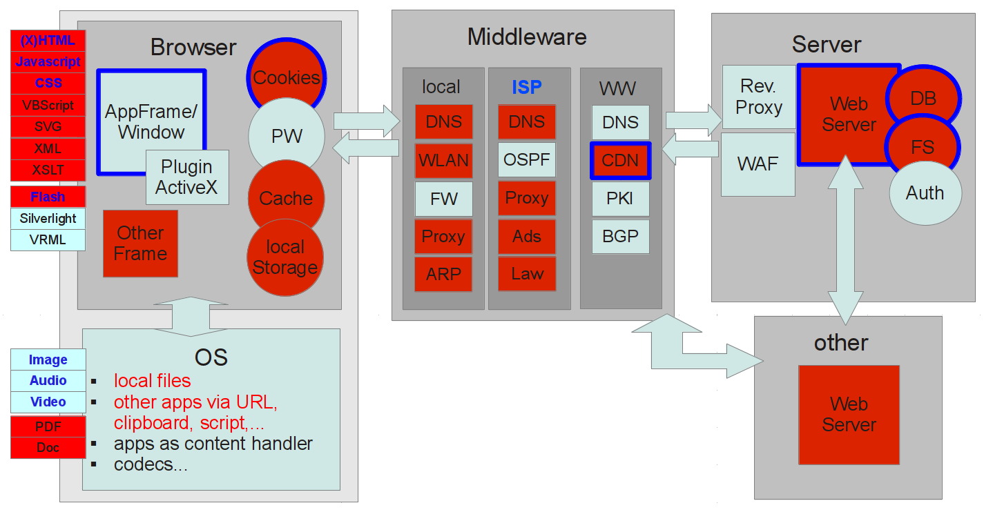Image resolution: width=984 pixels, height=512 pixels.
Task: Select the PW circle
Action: [x=286, y=136]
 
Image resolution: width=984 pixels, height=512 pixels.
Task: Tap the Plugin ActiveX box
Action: [x=186, y=177]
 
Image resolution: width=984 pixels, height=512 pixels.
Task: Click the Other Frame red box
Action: [x=140, y=244]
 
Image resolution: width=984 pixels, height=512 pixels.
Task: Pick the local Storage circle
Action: [x=284, y=257]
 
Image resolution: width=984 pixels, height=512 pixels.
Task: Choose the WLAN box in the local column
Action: [x=443, y=161]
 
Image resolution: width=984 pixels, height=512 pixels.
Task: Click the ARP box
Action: [x=443, y=274]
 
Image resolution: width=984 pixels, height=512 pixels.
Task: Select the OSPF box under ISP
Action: [x=527, y=160]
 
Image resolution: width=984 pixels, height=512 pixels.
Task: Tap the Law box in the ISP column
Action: [x=527, y=274]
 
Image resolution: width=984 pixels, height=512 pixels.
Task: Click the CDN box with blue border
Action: [x=620, y=161]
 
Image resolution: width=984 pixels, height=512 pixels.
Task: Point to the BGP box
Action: [x=620, y=236]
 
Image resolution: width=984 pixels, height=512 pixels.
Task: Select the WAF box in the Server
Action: [x=758, y=164]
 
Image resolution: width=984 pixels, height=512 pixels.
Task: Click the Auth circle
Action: [x=925, y=193]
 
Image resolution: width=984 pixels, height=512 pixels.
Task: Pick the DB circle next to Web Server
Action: [x=923, y=99]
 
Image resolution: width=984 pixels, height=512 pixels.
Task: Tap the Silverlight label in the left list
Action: [x=48, y=219]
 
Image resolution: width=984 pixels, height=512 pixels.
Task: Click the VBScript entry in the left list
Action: [x=48, y=106]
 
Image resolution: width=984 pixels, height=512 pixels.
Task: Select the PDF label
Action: [x=48, y=426]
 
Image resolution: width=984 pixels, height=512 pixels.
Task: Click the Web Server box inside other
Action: [x=849, y=414]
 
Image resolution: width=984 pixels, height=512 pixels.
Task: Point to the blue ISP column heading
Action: [x=527, y=87]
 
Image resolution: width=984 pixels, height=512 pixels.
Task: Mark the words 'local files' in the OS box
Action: [x=152, y=381]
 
